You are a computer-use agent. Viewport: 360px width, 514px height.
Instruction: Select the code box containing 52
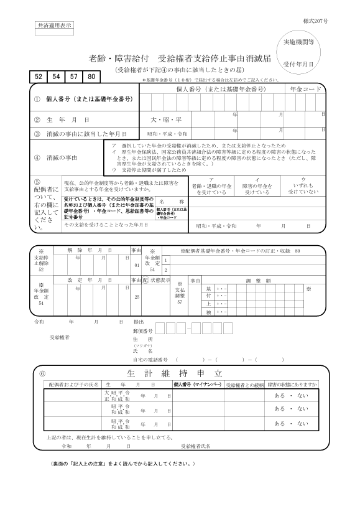click(39, 77)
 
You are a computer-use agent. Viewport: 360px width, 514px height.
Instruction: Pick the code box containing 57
click(74, 77)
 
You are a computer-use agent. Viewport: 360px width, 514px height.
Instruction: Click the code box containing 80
click(91, 77)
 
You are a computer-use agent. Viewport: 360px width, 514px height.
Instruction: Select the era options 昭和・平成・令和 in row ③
click(167, 134)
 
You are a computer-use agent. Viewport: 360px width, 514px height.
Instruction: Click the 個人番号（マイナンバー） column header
click(197, 386)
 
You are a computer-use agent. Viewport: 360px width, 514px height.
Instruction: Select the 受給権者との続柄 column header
click(244, 386)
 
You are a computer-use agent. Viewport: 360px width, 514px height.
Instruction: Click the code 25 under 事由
click(137, 297)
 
